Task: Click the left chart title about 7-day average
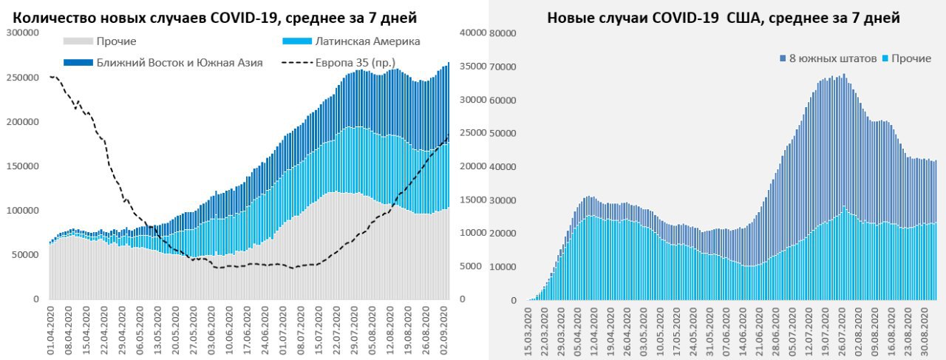215,17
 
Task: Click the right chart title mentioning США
723,18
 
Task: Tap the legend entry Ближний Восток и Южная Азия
179,63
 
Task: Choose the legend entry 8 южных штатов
832,58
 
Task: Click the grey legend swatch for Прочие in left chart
78,41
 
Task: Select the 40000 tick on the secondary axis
472,33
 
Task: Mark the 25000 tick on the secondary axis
472,133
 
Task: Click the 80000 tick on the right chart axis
502,33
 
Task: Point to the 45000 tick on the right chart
502,167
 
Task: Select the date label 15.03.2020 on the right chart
528,330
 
